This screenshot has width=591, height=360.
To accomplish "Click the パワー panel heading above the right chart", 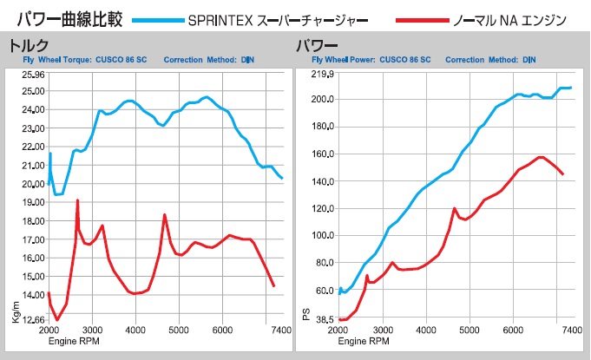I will pyautogui.click(x=318, y=45).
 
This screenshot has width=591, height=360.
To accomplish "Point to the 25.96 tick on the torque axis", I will pyautogui.click(x=32, y=75).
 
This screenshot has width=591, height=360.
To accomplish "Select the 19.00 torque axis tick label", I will pyautogui.click(x=32, y=203).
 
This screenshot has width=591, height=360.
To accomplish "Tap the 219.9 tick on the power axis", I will pyautogui.click(x=322, y=75).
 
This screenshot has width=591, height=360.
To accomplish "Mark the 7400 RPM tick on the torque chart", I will pyautogui.click(x=281, y=331).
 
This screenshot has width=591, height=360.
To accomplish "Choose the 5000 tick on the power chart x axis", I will pyautogui.click(x=470, y=331).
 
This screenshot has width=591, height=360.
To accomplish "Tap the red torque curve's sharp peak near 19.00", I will pyautogui.click(x=77, y=200).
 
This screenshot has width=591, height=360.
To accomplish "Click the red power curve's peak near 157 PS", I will pyautogui.click(x=541, y=157).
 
